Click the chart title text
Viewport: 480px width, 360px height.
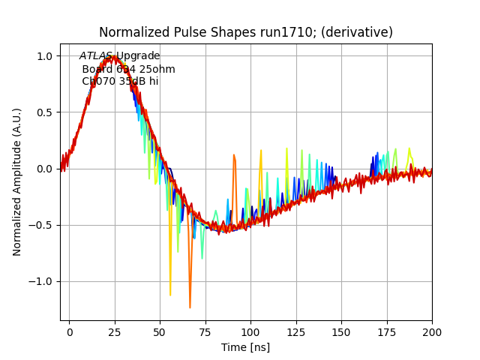point(246,32)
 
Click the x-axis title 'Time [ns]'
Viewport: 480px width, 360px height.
point(245,347)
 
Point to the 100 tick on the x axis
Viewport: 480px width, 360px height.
point(250,331)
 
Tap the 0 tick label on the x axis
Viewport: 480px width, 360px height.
point(70,331)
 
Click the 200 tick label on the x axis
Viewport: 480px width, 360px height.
point(432,331)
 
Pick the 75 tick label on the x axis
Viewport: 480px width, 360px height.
point(205,331)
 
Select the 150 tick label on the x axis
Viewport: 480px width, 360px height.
point(341,331)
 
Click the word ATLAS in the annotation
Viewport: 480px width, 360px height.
point(96,56)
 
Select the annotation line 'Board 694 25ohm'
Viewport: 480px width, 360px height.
point(128,69)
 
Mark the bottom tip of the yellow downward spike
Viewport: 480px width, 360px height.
point(170,295)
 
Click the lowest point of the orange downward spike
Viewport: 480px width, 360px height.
point(190,307)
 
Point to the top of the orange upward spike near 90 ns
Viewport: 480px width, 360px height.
point(234,155)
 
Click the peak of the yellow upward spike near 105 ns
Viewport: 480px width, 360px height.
point(261,151)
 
